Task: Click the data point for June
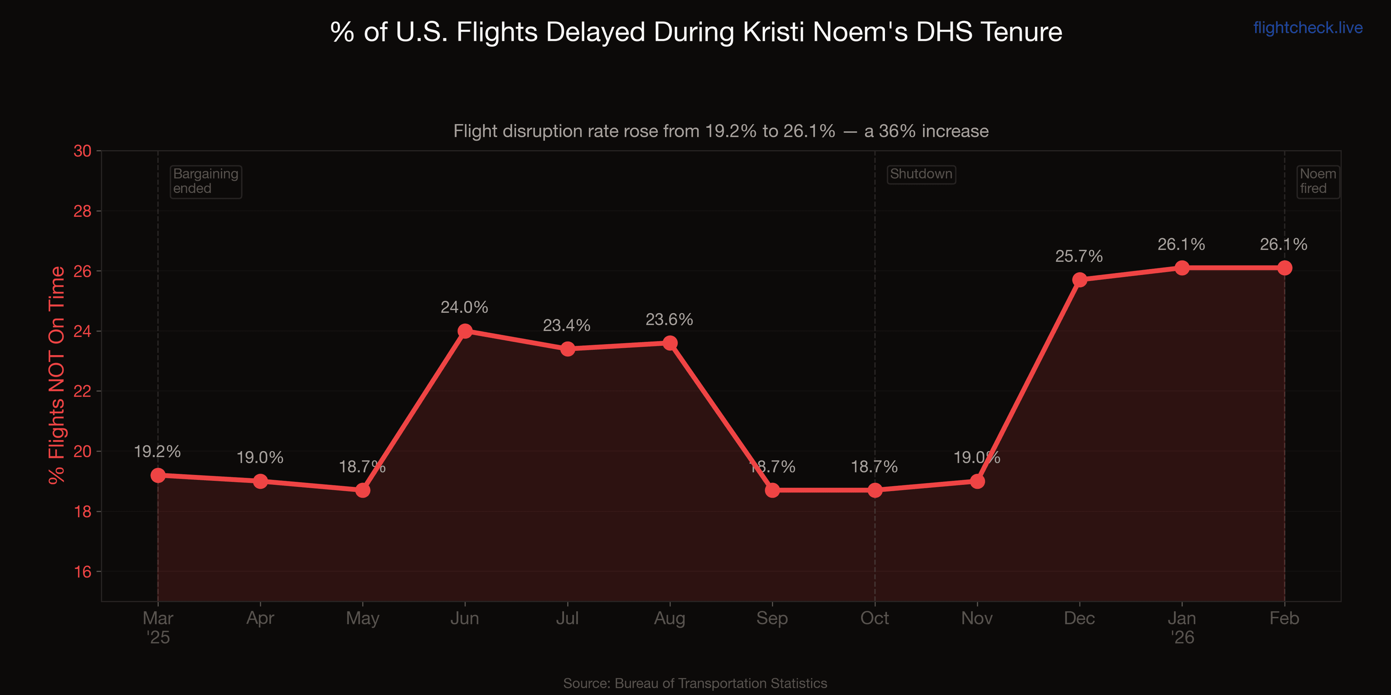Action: [x=465, y=331]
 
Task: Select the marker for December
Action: [x=1079, y=279]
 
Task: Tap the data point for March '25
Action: [x=158, y=475]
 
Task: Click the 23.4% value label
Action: [x=567, y=325]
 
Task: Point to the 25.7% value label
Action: [x=1079, y=256]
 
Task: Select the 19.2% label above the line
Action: [x=157, y=452]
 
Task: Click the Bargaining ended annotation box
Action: [x=206, y=181]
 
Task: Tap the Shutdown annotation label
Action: [x=921, y=174]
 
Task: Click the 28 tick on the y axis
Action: [x=83, y=211]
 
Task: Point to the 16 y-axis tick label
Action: [x=83, y=572]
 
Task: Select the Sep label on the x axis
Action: [x=772, y=618]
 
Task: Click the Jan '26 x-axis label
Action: [x=1182, y=628]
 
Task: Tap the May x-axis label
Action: [x=362, y=618]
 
